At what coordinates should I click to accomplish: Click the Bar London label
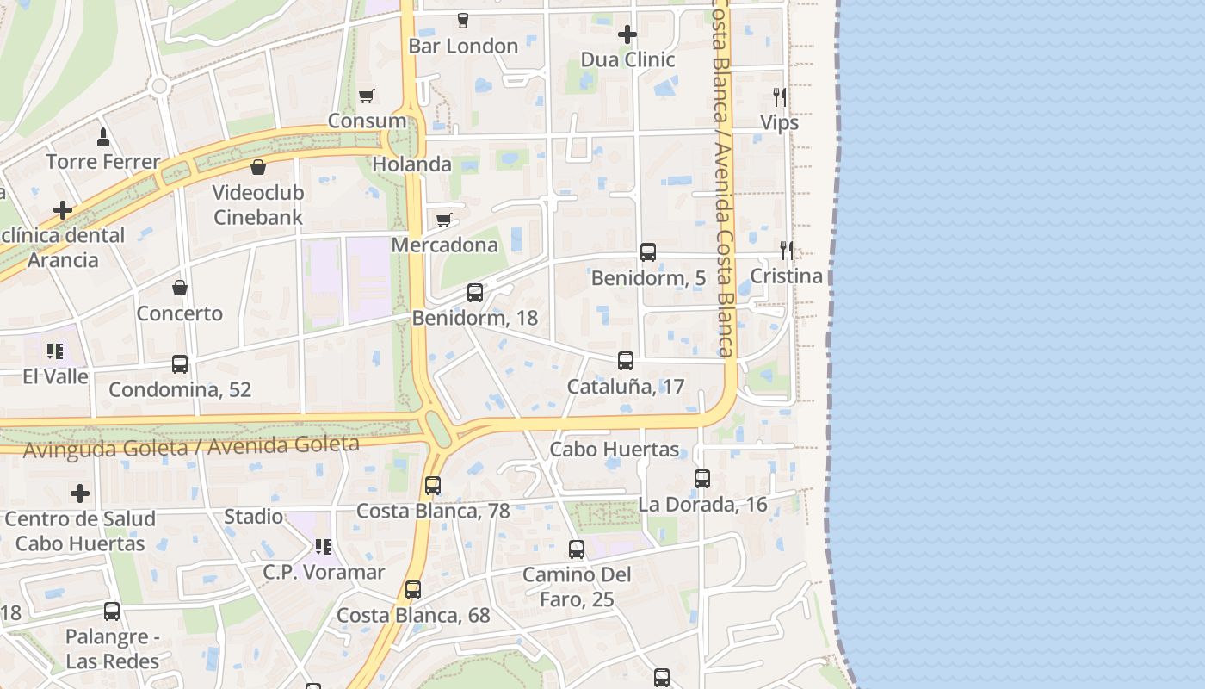coord(463,46)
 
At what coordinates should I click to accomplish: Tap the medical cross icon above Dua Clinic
coord(627,34)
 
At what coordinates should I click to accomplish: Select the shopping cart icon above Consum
coord(367,96)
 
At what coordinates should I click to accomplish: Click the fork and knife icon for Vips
coord(779,96)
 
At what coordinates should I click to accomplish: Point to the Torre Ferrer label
coord(103,161)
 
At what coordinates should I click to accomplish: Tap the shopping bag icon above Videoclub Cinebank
coord(258,167)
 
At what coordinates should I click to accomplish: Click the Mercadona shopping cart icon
coord(444,220)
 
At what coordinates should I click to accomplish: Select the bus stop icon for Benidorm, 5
coord(648,252)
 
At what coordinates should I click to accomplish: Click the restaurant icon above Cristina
coord(786,251)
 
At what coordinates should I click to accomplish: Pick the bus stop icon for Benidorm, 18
coord(475,293)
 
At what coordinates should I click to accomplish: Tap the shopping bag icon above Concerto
coord(180,288)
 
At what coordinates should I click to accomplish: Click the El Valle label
coord(56,376)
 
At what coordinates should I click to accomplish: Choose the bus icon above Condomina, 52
coord(180,364)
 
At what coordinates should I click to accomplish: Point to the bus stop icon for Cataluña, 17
coord(626,361)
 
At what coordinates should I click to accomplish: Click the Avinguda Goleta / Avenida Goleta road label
coord(191,446)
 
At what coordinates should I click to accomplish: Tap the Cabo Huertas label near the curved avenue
coord(615,450)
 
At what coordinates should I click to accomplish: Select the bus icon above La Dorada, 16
coord(702,479)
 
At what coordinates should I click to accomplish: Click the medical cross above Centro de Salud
coord(80,493)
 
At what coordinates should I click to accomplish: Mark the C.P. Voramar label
coord(324,572)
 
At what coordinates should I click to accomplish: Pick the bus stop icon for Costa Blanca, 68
coord(413,590)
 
